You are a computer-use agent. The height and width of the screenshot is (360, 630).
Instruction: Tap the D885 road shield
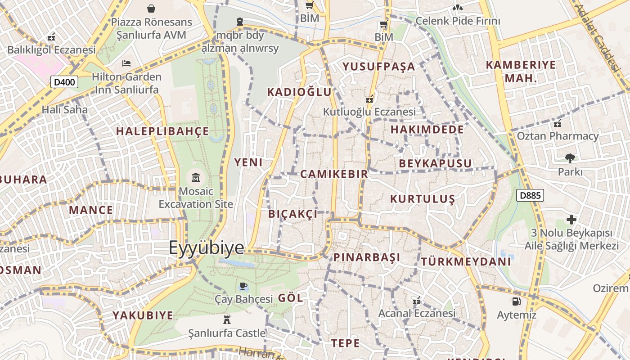coord(530,195)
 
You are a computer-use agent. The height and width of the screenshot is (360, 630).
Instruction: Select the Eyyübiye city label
coord(207,247)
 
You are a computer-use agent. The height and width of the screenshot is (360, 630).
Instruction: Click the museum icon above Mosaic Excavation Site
coord(196,177)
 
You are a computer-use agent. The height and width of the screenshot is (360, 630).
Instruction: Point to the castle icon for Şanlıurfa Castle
coord(227,320)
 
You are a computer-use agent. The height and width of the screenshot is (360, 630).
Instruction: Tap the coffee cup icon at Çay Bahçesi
coord(243,286)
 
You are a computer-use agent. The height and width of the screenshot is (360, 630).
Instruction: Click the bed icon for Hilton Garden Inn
coord(126,63)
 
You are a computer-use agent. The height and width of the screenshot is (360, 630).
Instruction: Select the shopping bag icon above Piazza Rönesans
coord(151,8)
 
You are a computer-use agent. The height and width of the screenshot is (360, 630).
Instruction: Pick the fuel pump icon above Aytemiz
coord(516,301)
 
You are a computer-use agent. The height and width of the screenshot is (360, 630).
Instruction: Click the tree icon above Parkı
coord(570,158)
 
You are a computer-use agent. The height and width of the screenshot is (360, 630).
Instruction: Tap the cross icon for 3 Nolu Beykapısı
coord(571,220)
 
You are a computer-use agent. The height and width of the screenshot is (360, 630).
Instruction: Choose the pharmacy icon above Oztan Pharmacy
coord(558,123)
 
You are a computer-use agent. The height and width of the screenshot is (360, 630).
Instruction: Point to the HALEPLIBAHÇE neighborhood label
coord(162,131)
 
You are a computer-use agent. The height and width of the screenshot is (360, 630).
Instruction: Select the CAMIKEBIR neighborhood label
coord(334,174)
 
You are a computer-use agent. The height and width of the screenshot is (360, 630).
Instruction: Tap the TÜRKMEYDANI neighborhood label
coord(466,261)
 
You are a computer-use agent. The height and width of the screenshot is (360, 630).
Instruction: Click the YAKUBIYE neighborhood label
coord(143,315)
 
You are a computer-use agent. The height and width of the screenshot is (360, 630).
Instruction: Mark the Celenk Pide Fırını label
coord(458,21)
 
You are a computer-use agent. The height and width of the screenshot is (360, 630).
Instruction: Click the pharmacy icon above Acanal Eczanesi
coord(417,300)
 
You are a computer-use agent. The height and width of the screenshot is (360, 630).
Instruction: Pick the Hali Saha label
coord(65,109)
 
